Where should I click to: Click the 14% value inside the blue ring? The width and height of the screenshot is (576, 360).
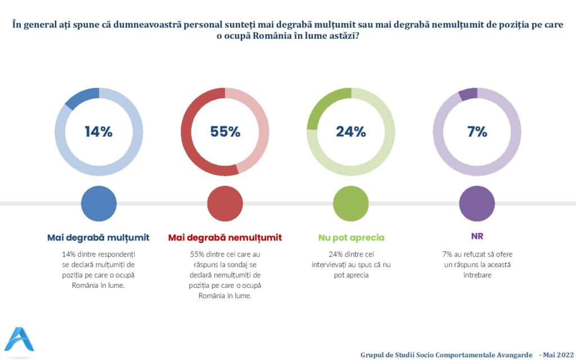(x=99, y=132)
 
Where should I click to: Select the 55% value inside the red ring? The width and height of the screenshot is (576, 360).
(x=225, y=132)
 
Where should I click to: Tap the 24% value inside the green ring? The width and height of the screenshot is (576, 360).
(x=351, y=132)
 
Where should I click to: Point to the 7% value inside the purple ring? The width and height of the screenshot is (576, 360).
(x=477, y=132)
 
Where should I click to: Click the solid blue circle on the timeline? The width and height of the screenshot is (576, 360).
(x=99, y=204)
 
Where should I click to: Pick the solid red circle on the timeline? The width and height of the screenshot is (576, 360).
(x=225, y=204)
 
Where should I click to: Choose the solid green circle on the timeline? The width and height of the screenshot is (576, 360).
(x=351, y=204)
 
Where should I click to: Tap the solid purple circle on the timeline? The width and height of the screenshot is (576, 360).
(x=477, y=204)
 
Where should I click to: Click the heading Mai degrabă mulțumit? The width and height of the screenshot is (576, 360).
(x=98, y=237)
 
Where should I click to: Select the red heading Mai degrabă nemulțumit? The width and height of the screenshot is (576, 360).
(x=225, y=237)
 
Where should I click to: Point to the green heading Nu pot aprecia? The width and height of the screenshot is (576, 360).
(x=351, y=237)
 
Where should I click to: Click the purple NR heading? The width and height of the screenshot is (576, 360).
(x=477, y=237)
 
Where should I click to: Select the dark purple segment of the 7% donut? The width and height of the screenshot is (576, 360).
(x=469, y=94)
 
